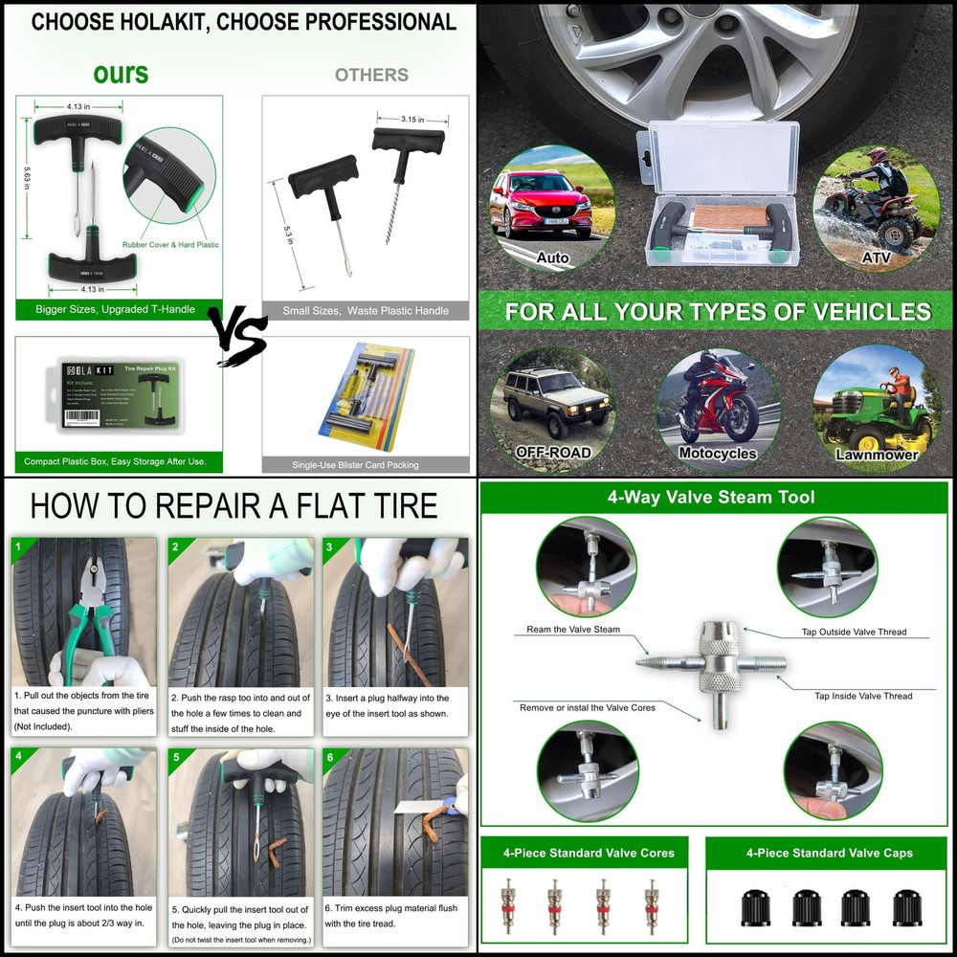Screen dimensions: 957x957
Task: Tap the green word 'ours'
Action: tap(121, 74)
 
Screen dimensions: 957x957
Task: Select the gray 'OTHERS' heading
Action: tap(371, 75)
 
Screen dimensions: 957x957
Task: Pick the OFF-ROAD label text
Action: tap(553, 452)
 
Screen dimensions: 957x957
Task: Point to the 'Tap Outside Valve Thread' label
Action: tap(853, 633)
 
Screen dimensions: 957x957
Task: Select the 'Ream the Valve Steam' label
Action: tap(573, 630)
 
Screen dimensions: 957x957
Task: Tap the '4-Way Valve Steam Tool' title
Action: tap(710, 498)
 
